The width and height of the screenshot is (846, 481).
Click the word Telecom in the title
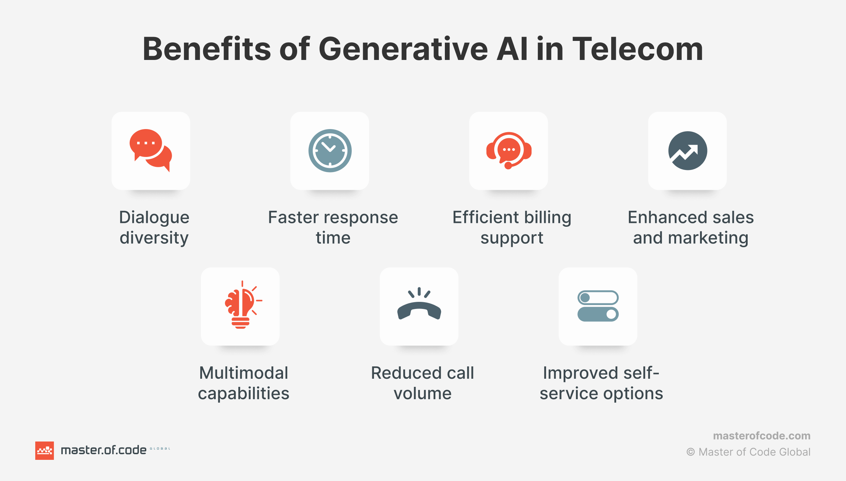click(x=638, y=49)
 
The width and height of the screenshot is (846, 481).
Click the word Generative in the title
click(x=403, y=49)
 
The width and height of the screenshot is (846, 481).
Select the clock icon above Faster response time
click(x=330, y=151)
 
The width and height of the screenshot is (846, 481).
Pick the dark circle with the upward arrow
click(x=688, y=151)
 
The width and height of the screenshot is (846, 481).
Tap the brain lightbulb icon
click(x=243, y=305)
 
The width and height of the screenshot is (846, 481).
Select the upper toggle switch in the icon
click(x=598, y=298)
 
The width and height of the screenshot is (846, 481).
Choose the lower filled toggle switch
click(x=598, y=314)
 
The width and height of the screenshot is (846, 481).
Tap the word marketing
click(x=708, y=238)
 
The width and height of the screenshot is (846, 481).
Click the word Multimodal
click(x=244, y=373)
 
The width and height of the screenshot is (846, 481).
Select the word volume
click(x=422, y=394)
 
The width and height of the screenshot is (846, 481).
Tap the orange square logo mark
click(x=44, y=451)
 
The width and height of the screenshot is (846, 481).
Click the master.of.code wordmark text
click(x=104, y=450)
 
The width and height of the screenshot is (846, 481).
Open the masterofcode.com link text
click(x=762, y=436)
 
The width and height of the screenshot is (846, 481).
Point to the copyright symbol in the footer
click(x=691, y=452)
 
